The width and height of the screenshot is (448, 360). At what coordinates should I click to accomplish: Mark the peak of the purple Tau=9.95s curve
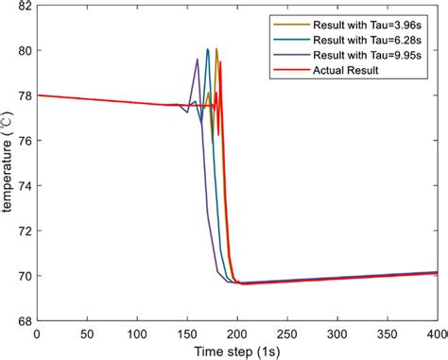(x=198, y=60)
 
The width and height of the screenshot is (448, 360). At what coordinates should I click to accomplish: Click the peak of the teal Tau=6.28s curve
(x=208, y=49)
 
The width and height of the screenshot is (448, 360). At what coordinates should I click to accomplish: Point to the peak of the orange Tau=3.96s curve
(x=216, y=49)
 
